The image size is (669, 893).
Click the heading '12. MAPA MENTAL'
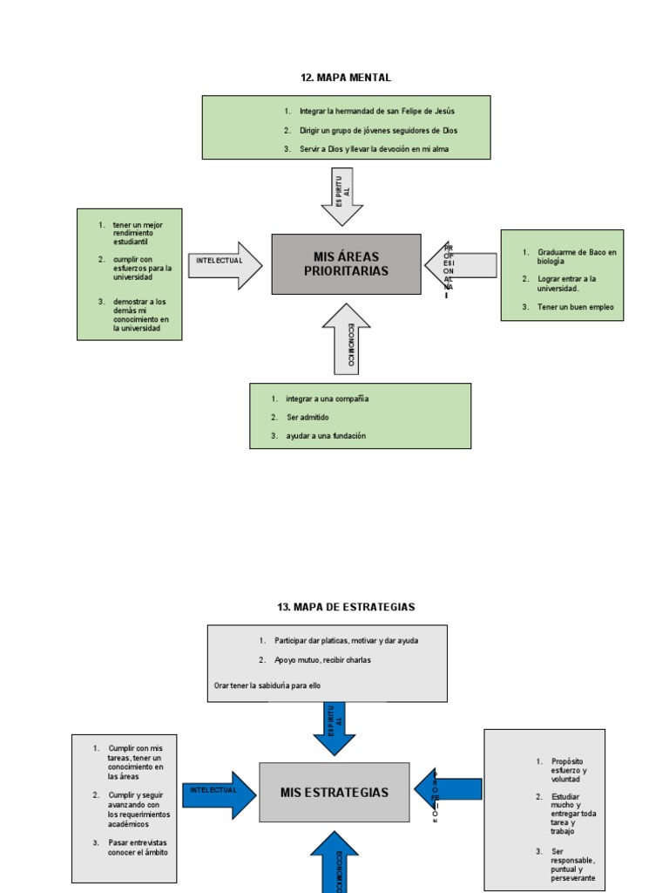click(x=346, y=78)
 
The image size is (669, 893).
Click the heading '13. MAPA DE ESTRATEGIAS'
click(x=346, y=607)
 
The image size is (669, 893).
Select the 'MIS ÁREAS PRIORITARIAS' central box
click(x=346, y=263)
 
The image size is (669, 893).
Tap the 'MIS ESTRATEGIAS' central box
click(x=334, y=793)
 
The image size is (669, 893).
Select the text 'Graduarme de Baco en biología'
click(x=576, y=256)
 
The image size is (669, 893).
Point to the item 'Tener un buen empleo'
click(x=575, y=307)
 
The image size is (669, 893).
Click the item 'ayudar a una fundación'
click(x=326, y=436)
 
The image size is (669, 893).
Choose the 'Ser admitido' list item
click(x=307, y=418)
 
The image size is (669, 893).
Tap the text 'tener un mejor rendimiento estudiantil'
click(x=138, y=233)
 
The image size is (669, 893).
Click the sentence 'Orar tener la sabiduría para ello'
click(x=267, y=685)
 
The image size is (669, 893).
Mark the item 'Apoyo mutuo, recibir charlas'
click(x=322, y=660)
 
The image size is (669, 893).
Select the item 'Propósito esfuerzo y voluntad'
click(x=569, y=770)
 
